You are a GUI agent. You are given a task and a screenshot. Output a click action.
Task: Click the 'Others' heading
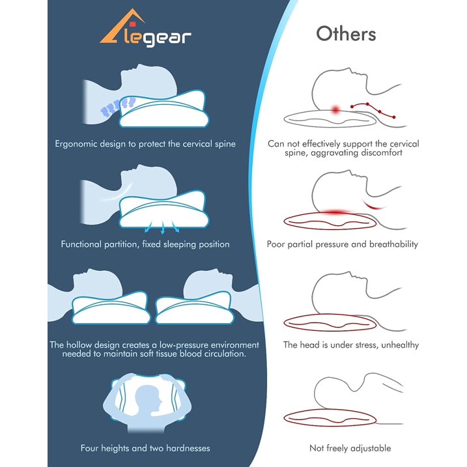click(346, 34)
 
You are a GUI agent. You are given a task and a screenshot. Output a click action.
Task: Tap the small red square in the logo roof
click(133, 24)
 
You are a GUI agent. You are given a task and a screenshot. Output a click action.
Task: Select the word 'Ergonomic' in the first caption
click(76, 144)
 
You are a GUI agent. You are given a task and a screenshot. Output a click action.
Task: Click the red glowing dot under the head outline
click(335, 110)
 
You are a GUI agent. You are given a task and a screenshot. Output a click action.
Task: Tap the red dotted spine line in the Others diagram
click(373, 110)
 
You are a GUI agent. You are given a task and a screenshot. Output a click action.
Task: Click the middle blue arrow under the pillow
click(163, 227)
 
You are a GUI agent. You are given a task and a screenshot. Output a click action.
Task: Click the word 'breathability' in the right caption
click(393, 244)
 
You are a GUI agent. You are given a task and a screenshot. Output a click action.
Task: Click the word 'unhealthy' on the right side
click(400, 345)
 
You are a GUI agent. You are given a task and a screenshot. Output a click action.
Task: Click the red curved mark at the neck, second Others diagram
click(373, 205)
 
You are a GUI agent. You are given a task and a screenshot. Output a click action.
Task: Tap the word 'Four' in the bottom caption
click(89, 448)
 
